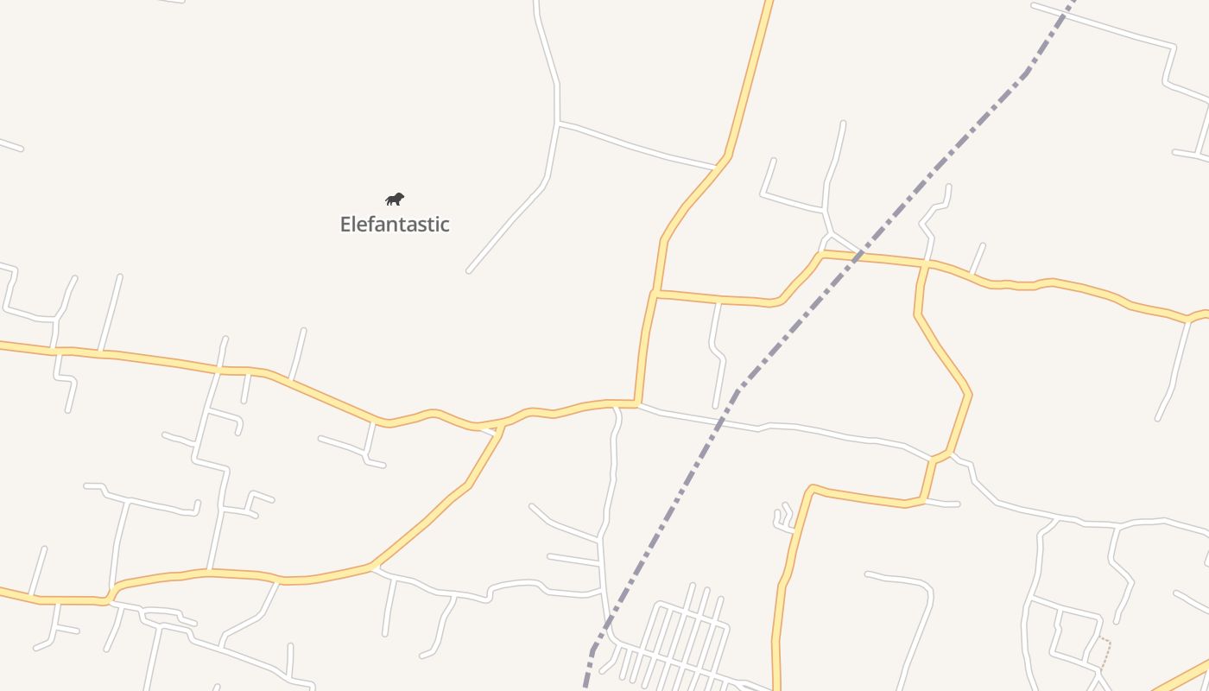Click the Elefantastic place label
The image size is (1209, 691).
pyautogui.click(x=395, y=225)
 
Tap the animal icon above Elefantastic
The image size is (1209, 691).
pyautogui.click(x=395, y=200)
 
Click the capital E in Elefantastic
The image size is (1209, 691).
pyautogui.click(x=345, y=225)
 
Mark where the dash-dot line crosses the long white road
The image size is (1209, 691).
pyautogui.click(x=719, y=422)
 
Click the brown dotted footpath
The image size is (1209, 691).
pyautogui.click(x=1104, y=652)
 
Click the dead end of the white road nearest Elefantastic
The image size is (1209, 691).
pyautogui.click(x=469, y=271)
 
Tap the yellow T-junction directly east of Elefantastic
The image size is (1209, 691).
pyautogui.click(x=656, y=294)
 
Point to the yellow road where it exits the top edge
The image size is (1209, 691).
pyautogui.click(x=769, y=4)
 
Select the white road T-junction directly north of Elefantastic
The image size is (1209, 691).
pyautogui.click(x=558, y=125)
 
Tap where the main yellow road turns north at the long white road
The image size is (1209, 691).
pyautogui.click(x=636, y=403)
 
